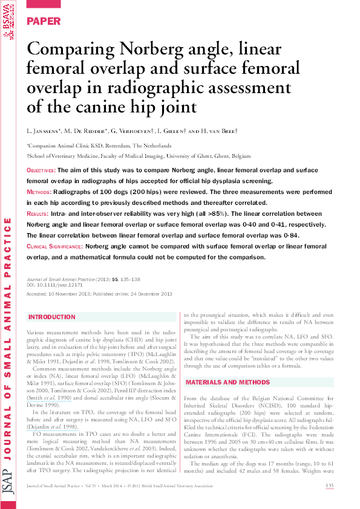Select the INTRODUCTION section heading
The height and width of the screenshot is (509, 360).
tap(52, 317)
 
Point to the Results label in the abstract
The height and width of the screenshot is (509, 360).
tap(41, 215)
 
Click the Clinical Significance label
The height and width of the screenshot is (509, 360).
tap(54, 247)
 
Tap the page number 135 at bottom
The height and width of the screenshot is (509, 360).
tap(330, 486)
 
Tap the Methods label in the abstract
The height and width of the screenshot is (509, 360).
tap(41, 192)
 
